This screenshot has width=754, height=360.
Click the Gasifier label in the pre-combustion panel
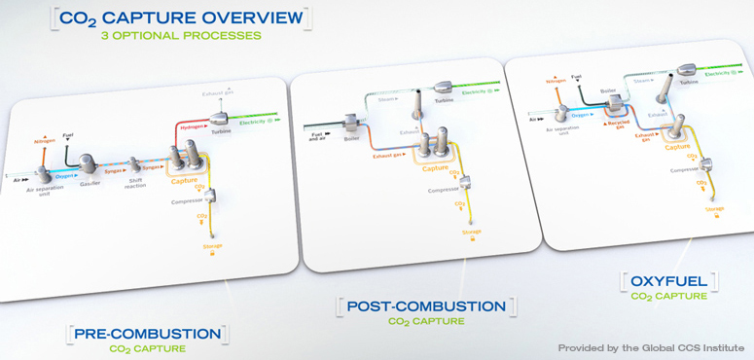[x=90, y=182]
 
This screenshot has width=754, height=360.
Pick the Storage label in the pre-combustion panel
[x=212, y=246]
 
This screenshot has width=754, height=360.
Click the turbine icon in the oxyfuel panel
[x=685, y=66]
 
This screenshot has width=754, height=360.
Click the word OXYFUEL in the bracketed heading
[x=668, y=281]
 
